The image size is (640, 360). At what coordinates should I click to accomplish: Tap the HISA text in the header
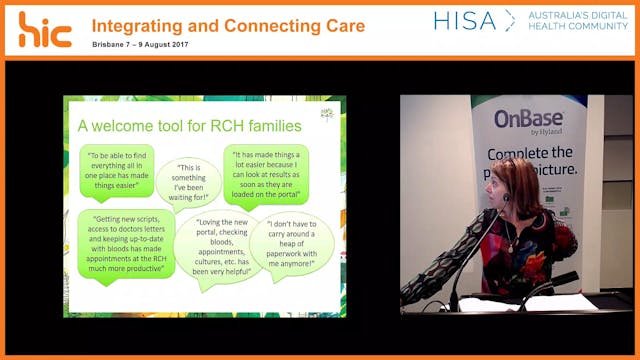pyautogui.click(x=465, y=20)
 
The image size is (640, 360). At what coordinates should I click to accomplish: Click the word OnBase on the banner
pyautogui.click(x=529, y=120)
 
